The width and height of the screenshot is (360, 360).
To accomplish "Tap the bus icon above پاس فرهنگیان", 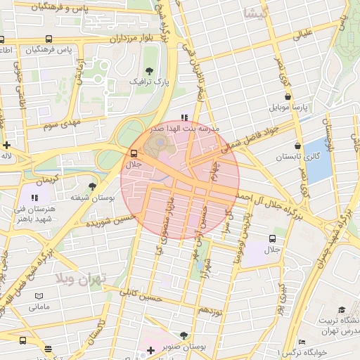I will pyautogui.click(x=46, y=39).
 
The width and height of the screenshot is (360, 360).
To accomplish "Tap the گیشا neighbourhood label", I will pyautogui.click(x=254, y=13).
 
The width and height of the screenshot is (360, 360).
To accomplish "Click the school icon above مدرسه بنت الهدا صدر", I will pyautogui.click(x=184, y=118).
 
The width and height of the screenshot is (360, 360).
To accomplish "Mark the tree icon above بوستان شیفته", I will pyautogui.click(x=92, y=186).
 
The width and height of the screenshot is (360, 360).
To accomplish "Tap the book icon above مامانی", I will pyautogui.click(x=39, y=296).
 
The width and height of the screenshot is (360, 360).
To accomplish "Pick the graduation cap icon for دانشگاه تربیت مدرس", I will pyautogui.click(x=342, y=310).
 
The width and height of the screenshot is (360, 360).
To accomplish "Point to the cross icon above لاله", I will pyautogui.click(x=6, y=145).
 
